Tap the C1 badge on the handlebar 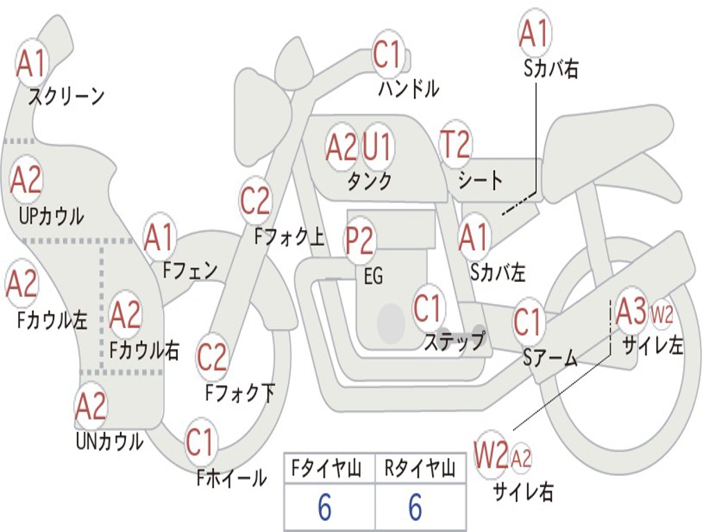click(x=388, y=54)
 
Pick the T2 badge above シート click(x=456, y=143)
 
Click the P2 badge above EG click(x=359, y=240)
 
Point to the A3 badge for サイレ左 click(x=631, y=311)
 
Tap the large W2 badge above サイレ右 click(x=491, y=454)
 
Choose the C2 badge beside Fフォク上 click(x=255, y=201)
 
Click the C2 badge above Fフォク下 click(x=212, y=357)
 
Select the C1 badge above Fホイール click(x=199, y=442)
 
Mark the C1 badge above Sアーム click(x=528, y=322)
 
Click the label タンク click(x=370, y=181)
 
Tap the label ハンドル click(x=409, y=88)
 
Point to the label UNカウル click(x=110, y=441)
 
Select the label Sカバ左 click(x=498, y=272)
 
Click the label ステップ click(x=454, y=341)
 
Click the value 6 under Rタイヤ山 click(x=415, y=506)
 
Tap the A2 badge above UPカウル click(x=26, y=179)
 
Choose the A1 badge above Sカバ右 click(x=535, y=33)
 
